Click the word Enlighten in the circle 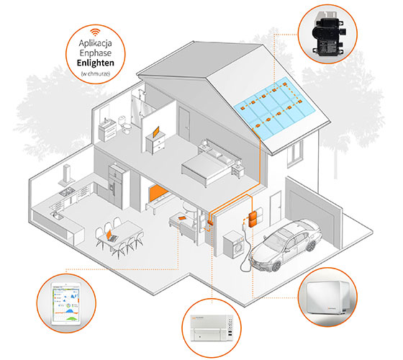pos(95,63)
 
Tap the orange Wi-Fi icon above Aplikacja pos(95,32)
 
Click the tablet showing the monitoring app pos(66,304)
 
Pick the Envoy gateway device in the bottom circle pos(212,328)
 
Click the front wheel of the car pos(276,266)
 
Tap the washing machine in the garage pos(233,244)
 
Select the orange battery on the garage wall pos(253,220)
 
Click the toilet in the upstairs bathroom pos(124,124)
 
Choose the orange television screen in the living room pos(158,193)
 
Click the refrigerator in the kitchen pos(116,186)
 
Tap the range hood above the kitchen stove pos(66,176)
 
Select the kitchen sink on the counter pos(57,215)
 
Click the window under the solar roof pos(295,154)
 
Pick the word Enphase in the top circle pos(95,53)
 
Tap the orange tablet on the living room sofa pos(181,218)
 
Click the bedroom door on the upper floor pos(184,124)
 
